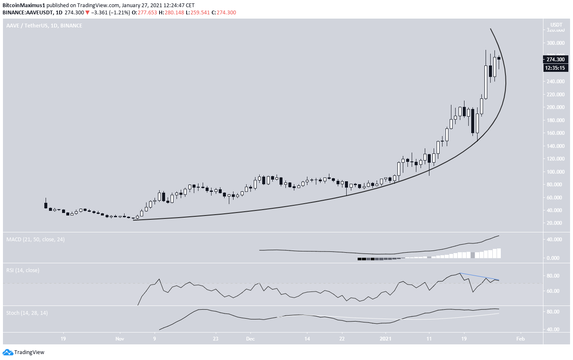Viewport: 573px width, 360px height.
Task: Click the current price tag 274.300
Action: (x=554, y=59)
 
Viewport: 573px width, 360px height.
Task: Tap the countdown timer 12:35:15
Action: (x=554, y=68)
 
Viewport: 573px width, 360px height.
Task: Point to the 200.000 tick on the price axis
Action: (x=555, y=107)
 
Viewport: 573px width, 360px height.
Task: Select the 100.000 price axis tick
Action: (x=555, y=172)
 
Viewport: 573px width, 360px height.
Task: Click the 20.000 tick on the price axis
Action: (x=555, y=223)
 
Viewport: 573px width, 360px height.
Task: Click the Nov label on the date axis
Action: (x=119, y=339)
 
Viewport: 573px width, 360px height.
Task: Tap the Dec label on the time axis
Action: (x=250, y=339)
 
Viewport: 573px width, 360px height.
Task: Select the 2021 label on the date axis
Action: (x=386, y=339)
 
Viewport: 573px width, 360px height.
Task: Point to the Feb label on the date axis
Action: (x=521, y=339)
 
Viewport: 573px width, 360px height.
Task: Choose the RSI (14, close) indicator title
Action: (x=23, y=270)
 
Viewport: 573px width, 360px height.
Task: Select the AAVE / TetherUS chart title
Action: (x=44, y=26)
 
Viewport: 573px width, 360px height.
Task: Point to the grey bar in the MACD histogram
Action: (x=473, y=255)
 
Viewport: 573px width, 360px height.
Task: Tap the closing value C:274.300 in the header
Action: (x=224, y=13)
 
